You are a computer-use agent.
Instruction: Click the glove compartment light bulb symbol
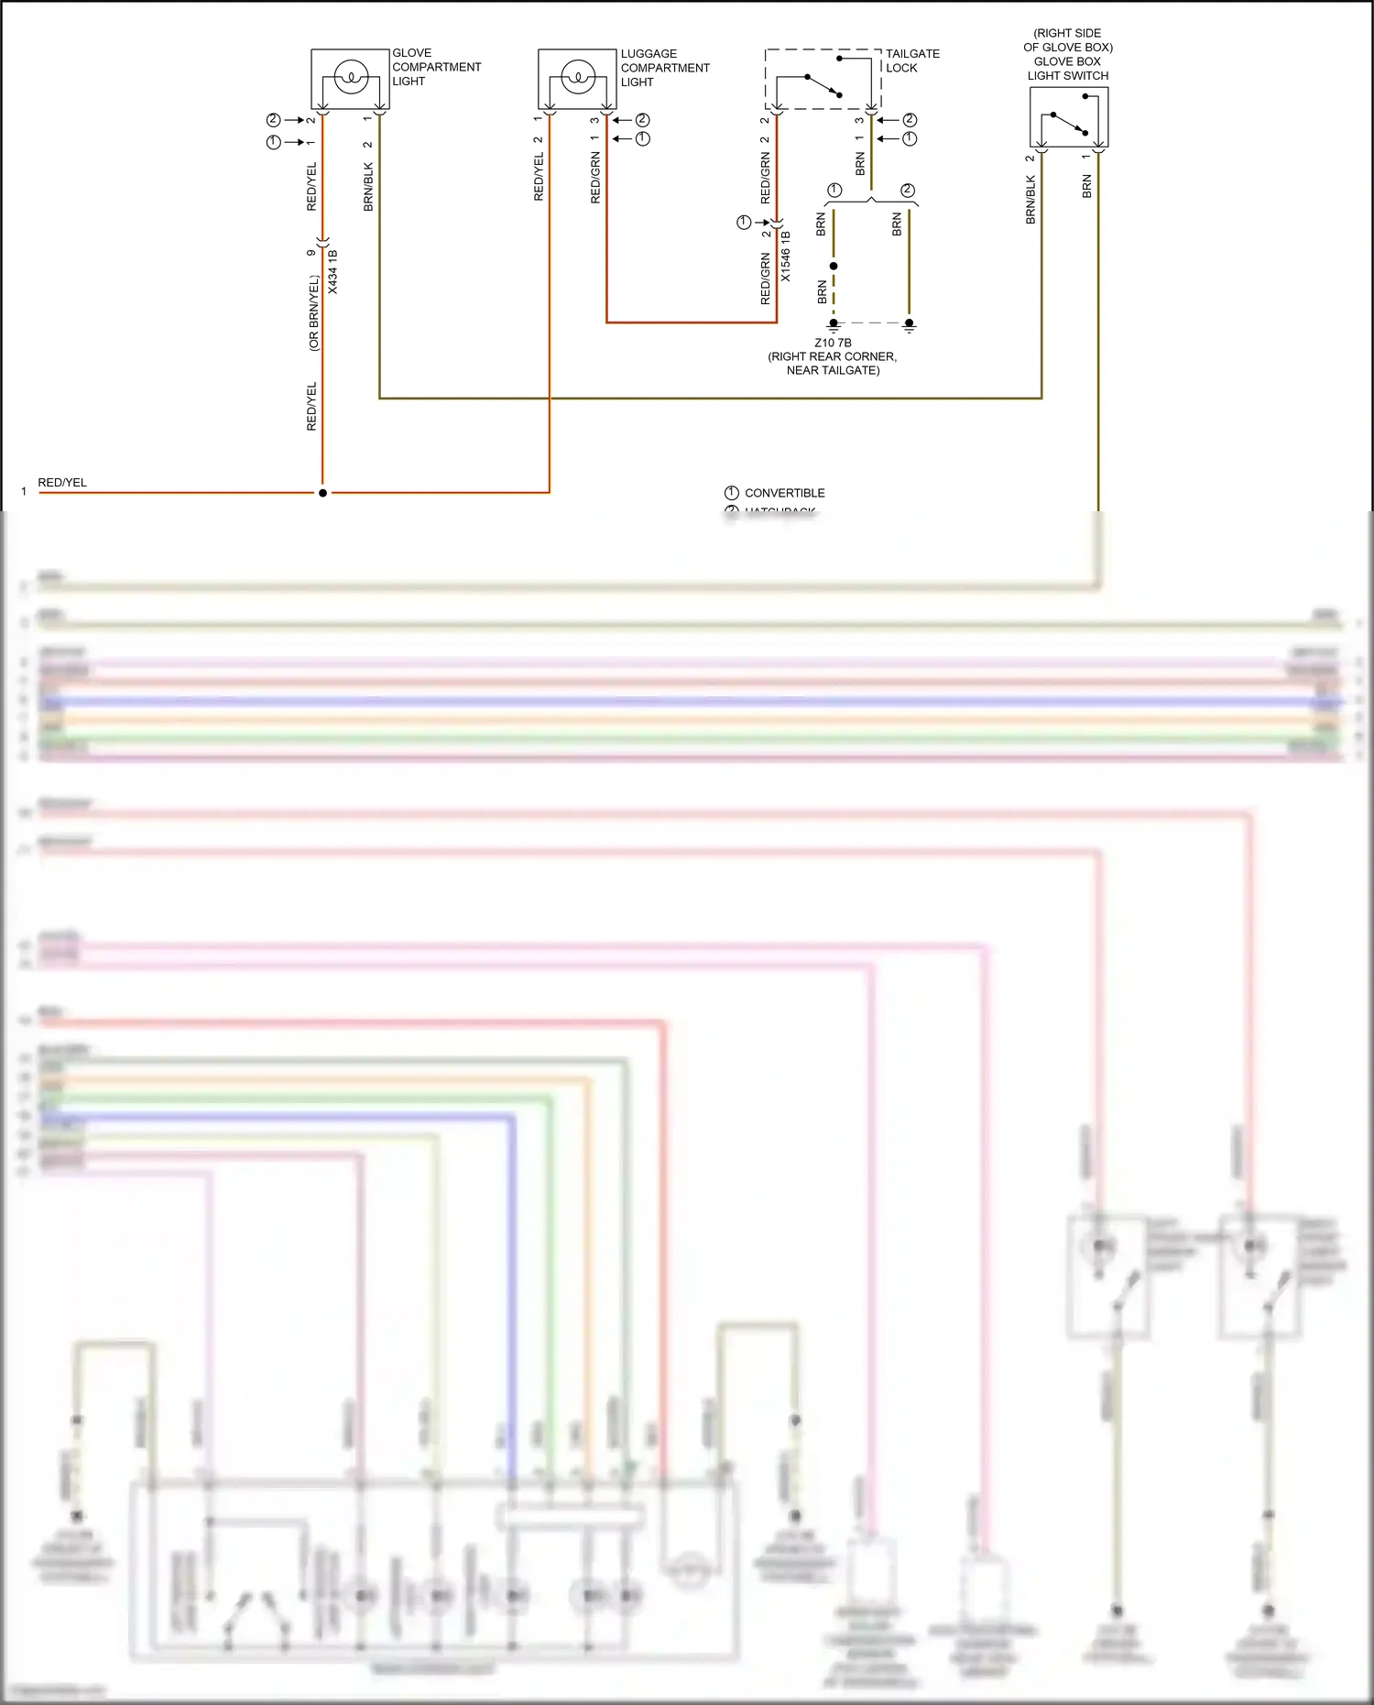350,78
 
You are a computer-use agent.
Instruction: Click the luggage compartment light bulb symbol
577,78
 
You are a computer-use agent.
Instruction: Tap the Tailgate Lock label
911,60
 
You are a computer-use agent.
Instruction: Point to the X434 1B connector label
333,271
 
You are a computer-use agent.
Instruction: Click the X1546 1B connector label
786,256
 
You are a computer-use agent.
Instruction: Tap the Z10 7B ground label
833,343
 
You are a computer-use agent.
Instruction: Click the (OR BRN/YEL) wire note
314,312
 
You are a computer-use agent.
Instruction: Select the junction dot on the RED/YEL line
322,493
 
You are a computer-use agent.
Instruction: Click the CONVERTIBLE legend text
784,493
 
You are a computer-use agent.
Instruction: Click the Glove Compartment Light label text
436,67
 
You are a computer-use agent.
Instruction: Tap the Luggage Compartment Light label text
664,68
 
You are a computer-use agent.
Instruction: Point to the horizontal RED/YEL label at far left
62,482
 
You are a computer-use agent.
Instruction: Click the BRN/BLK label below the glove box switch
1030,201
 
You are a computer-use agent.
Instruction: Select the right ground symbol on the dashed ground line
909,324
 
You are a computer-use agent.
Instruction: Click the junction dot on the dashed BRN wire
834,266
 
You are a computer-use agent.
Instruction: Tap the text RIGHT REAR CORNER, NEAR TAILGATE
833,364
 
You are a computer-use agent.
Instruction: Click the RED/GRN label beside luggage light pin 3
595,179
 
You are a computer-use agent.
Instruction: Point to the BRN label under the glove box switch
1086,186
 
